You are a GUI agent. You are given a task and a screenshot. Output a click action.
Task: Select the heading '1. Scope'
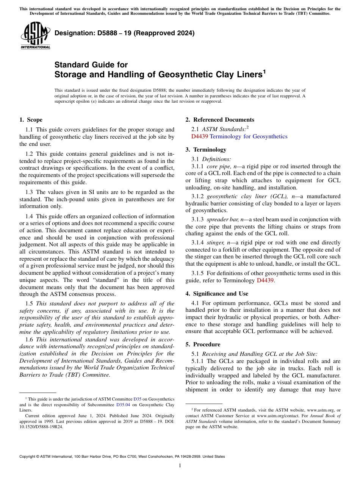tap(31, 120)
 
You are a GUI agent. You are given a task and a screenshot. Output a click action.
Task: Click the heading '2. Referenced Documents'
tap(220, 120)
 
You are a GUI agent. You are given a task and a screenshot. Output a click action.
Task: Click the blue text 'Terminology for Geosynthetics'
tap(248, 136)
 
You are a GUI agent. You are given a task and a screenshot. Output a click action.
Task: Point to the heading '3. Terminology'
tap(206, 150)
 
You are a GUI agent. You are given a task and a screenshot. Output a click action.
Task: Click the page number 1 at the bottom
tap(180, 466)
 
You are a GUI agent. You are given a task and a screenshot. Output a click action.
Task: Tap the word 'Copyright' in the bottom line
tap(27, 457)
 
